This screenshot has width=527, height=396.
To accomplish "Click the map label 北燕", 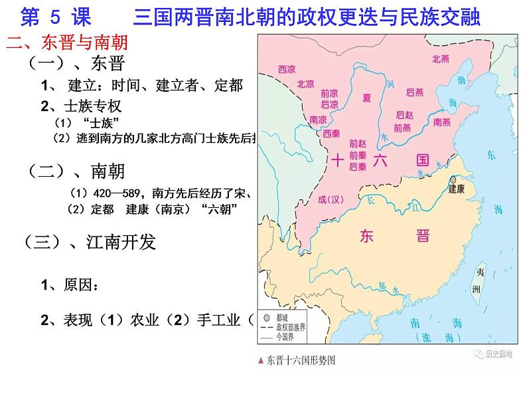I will [441, 59].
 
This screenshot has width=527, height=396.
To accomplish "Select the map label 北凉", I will [305, 84].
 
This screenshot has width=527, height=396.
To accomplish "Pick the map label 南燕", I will [441, 122].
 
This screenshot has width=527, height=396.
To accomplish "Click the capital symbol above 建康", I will [453, 179].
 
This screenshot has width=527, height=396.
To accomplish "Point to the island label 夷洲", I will [475, 282].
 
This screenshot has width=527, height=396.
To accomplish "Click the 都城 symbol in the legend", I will [265, 318].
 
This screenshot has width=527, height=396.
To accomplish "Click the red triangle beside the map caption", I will [262, 361].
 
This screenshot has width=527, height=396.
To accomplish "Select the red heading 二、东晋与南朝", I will [66, 44].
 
